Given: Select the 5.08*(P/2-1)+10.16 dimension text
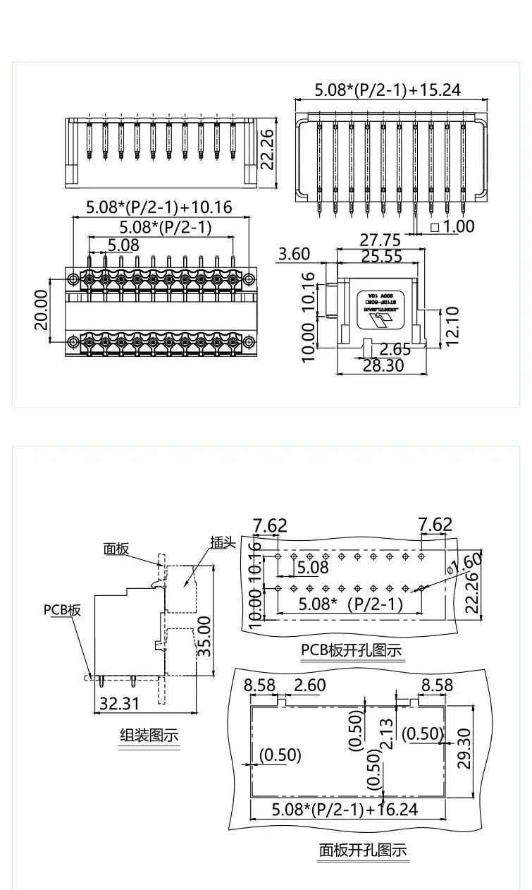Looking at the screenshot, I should (159, 207).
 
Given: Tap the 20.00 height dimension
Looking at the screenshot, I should (41, 310).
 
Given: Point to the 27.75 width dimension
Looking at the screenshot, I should (381, 240).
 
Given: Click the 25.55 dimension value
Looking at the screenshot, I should (381, 256).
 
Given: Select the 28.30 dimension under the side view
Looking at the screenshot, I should (383, 365).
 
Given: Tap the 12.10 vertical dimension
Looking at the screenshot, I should (452, 326).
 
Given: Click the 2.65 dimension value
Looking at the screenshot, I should (395, 349).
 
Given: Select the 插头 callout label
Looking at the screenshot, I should (222, 542).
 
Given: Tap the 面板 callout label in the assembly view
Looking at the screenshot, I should (117, 549).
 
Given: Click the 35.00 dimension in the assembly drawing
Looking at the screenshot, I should (204, 635).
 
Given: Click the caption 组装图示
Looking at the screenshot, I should (149, 736).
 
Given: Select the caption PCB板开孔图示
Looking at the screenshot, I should (351, 650).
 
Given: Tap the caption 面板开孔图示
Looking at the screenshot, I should (363, 850).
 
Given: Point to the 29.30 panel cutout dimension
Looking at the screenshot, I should (464, 750).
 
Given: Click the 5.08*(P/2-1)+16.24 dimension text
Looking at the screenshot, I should (345, 808).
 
